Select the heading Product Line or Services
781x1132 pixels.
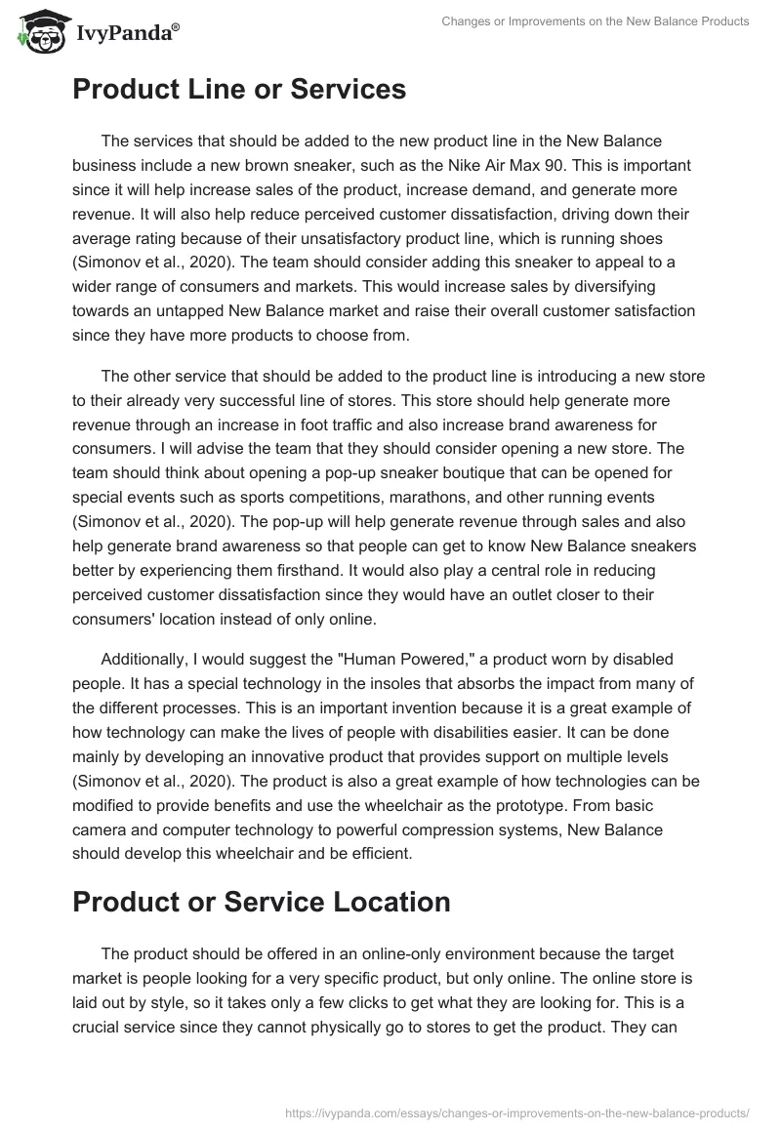coord(239,90)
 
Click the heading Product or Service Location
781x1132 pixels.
coord(262,901)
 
